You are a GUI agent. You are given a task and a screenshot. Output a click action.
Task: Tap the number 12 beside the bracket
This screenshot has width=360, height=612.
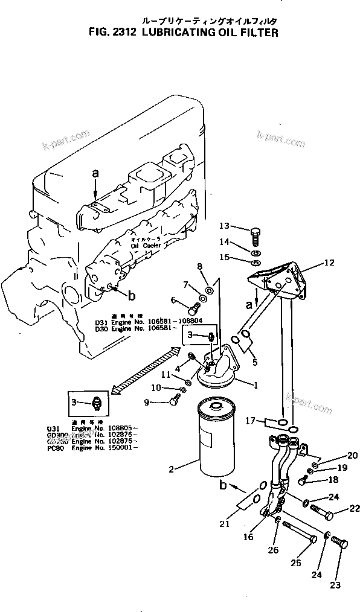pyautogui.click(x=329, y=263)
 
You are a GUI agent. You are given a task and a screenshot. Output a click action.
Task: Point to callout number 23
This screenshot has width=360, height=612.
pyautogui.click(x=336, y=584)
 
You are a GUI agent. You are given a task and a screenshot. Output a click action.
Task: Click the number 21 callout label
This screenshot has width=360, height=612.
pyautogui.click(x=225, y=524)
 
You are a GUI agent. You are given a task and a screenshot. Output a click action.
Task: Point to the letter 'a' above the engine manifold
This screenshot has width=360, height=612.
pyautogui.click(x=95, y=173)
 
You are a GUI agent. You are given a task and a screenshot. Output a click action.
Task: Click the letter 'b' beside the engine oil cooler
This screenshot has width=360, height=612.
pyautogui.click(x=130, y=295)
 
